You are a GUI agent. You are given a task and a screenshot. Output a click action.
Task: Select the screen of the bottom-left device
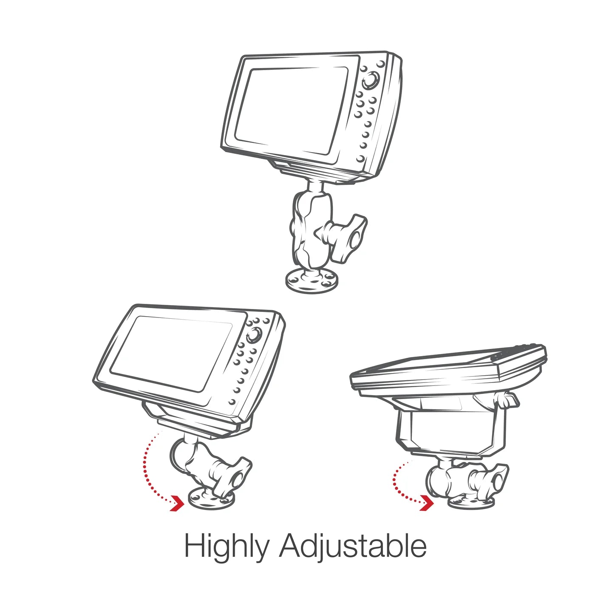point(170,353)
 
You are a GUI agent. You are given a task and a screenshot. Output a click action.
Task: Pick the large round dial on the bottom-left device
point(252,335)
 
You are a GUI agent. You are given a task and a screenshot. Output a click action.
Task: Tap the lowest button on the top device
point(360,158)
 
